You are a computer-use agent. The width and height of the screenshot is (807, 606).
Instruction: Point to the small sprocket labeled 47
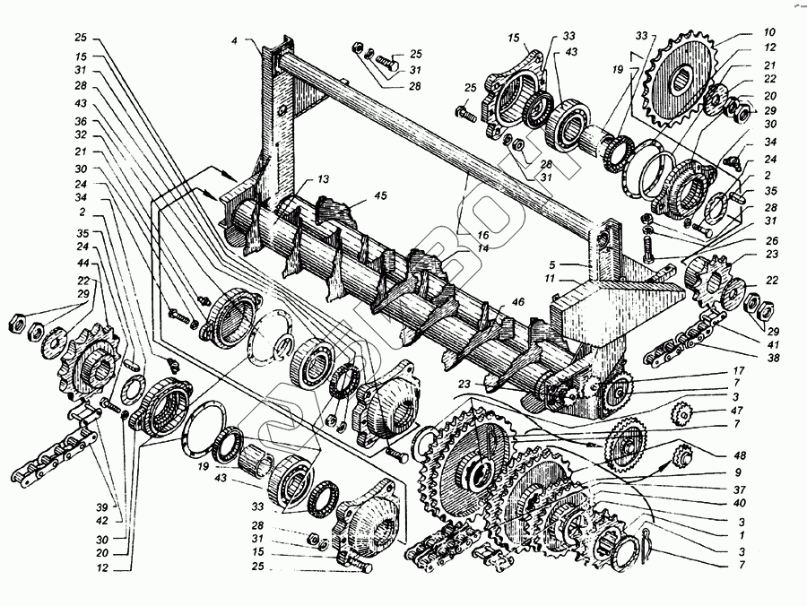point(683,414)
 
